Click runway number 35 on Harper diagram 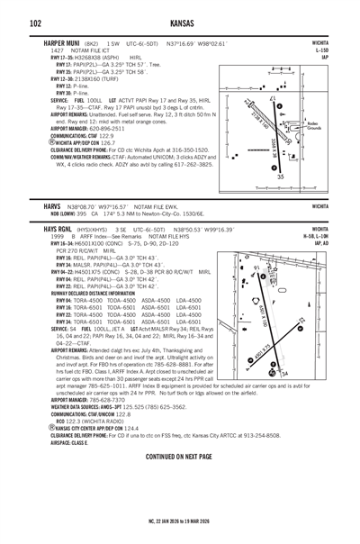[282, 177]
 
